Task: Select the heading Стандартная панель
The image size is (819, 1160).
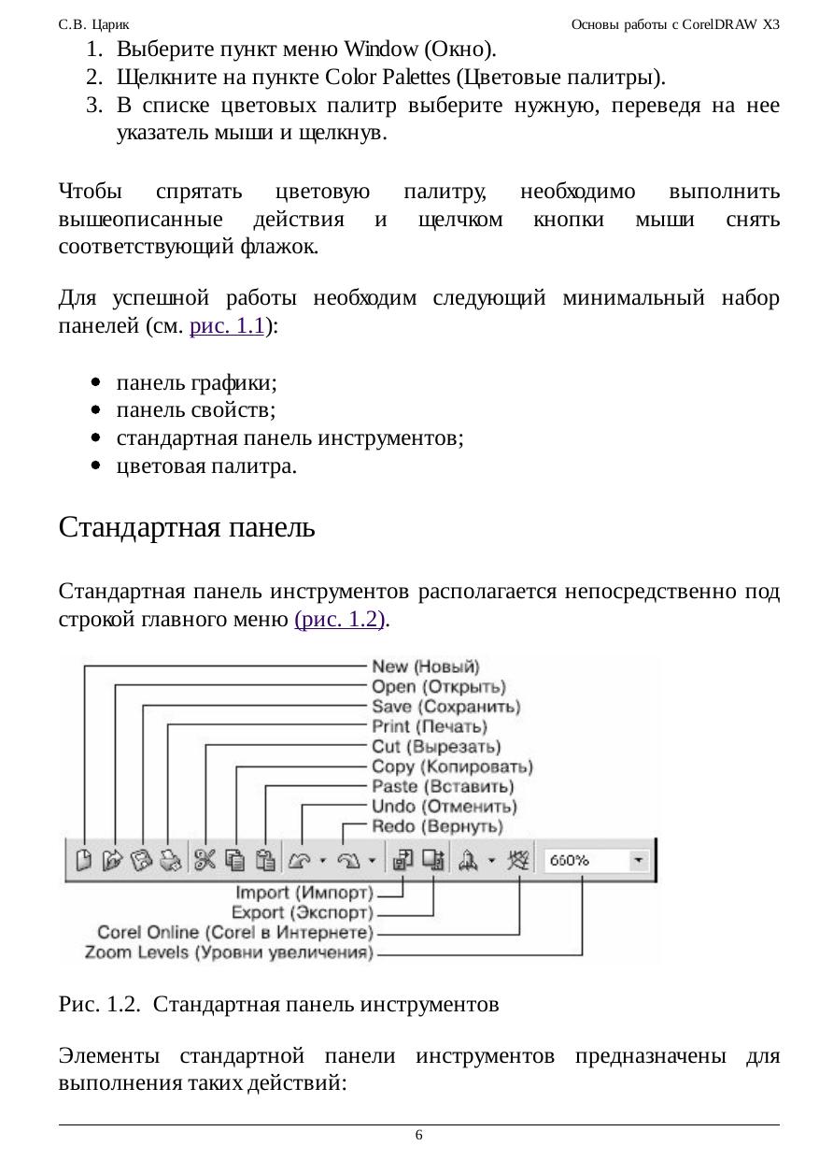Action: point(187,527)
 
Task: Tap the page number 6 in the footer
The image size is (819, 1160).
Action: point(418,1135)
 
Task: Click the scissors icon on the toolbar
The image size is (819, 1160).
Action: point(205,860)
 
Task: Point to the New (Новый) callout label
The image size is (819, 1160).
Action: point(425,666)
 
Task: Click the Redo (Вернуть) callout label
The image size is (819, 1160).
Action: point(437,826)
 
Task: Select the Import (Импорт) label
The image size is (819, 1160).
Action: point(304,892)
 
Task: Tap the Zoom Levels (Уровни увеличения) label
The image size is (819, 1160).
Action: point(229,952)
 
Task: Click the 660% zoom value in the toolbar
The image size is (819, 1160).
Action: point(570,860)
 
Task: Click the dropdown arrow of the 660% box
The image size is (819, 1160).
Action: point(639,860)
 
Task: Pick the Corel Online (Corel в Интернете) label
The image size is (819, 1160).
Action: point(235,932)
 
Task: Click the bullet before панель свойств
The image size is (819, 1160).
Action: point(96,410)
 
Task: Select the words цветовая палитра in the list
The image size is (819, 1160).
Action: point(206,465)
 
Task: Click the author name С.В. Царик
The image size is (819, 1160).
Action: point(93,24)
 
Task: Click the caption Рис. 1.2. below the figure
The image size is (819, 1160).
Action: point(99,1004)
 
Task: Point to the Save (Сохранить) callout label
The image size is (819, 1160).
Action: point(445,707)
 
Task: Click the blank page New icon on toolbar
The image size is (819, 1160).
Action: point(83,860)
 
